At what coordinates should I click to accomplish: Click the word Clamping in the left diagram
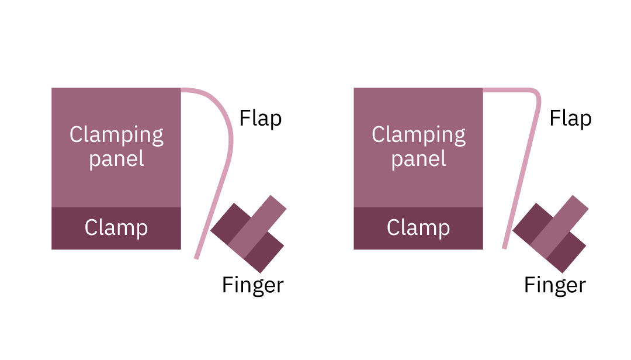pos(116,135)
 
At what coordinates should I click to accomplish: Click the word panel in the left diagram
pos(116,158)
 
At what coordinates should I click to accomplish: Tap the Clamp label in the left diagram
pos(116,228)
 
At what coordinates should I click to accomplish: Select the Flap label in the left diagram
pos(261,119)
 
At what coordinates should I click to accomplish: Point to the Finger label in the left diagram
pos(253,285)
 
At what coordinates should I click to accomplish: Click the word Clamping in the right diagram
pos(418,135)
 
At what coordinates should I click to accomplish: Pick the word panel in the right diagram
pos(418,158)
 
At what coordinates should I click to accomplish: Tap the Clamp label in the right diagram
pos(418,228)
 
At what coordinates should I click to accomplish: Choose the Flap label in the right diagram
pos(570,119)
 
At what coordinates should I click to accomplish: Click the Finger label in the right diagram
pos(555,285)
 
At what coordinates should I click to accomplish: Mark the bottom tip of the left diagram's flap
pos(196,258)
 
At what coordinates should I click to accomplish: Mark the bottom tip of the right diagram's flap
pos(504,248)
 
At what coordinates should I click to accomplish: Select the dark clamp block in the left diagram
pos(116,229)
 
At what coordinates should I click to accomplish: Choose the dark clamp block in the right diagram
pos(418,229)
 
